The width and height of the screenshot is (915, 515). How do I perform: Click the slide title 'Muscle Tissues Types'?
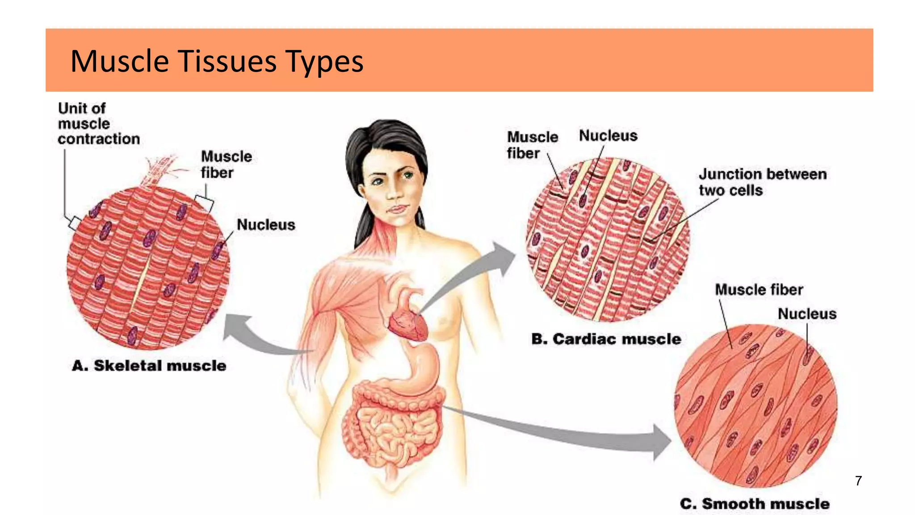pos(217,61)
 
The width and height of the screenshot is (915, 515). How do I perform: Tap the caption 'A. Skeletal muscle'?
pos(149,366)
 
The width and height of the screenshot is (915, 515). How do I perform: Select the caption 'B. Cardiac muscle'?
pos(606,339)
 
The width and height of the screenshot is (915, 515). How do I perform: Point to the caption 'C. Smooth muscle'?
pos(755,504)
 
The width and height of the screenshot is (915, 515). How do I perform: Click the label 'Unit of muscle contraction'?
pos(99,124)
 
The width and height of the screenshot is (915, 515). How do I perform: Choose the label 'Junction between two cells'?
pos(763,182)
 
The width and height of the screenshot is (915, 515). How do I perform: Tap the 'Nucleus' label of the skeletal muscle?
pos(266,224)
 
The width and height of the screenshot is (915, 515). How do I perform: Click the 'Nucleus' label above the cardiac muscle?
pos(608,135)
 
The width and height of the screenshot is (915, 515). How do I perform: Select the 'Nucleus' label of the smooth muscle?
pos(807,314)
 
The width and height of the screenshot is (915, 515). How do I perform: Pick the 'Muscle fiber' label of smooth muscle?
pos(759,290)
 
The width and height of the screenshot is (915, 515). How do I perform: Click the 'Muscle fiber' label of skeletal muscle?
pos(226,165)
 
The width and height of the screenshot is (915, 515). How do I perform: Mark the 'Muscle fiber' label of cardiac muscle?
pos(532,145)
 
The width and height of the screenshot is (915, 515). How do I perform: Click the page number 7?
pos(858,481)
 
